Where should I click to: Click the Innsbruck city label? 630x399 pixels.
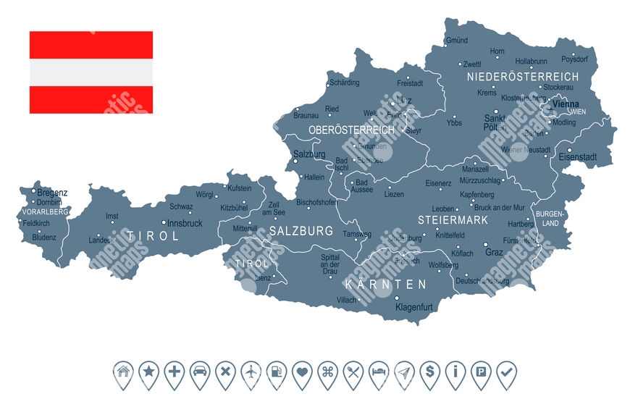coord(185,223)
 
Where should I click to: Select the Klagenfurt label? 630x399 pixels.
coord(414,307)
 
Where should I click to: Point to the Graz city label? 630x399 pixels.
coord(494,253)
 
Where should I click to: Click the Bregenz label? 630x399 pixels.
coord(52,193)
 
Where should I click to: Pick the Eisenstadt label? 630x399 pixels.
coord(576,156)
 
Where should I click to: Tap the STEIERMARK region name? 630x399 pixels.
coord(453,219)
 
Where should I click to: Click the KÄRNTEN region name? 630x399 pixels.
coord(386,285)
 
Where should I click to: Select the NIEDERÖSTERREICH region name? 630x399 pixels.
coord(523,76)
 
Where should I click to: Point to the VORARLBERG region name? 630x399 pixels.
coord(45,211)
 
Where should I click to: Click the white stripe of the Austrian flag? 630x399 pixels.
coord(91,72)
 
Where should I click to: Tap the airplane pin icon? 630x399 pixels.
coord(251,373)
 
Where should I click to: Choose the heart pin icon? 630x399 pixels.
coord(302,373)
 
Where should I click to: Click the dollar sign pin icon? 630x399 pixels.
coord(430,373)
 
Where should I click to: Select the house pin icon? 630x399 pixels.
coord(124,373)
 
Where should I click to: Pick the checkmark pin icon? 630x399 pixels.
coord(506,373)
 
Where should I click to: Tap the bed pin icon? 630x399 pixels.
coord(379,373)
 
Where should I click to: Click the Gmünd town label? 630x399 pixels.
coord(457,41)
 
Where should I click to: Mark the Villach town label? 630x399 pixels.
coord(346,300)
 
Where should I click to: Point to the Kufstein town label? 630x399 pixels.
coord(239,188)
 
